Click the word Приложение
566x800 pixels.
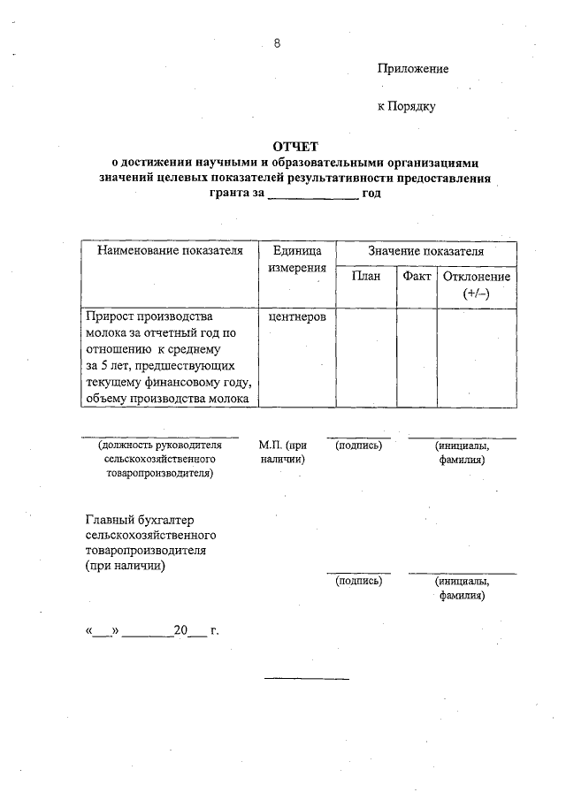413,68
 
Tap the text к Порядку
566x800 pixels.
407,107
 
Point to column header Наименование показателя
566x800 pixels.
169,251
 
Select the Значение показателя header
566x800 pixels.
426,251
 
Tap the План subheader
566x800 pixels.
365,277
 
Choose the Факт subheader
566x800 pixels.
417,277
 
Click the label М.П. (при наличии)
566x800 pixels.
283,453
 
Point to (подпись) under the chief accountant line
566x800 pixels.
357,581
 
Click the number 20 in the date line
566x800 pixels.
181,631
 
